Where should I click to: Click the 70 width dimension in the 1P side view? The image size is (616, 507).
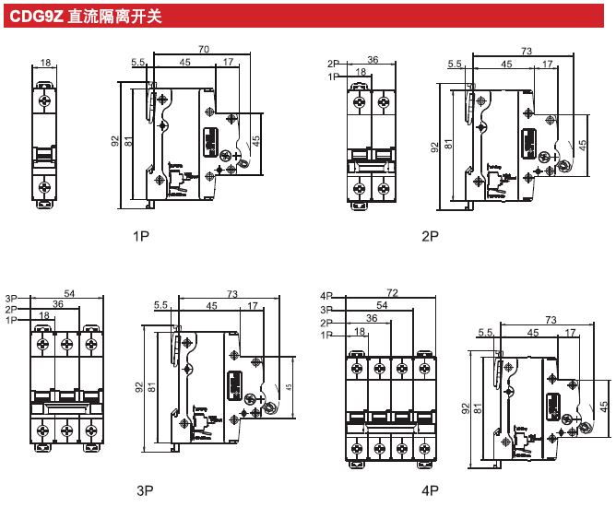point(204,49)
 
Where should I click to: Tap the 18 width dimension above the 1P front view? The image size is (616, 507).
point(45,65)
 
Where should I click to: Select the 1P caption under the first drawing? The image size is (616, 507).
point(141,237)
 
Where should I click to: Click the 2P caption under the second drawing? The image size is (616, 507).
point(430,237)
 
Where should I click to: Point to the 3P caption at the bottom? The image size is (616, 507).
point(145,490)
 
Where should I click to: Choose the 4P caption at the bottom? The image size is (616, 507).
point(430,490)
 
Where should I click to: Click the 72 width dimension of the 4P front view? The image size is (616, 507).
point(392,293)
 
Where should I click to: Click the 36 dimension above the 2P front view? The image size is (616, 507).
point(373,60)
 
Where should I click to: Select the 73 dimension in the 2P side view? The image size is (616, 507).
point(527,52)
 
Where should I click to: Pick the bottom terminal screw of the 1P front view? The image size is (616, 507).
point(45,187)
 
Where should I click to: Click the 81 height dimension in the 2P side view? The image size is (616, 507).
point(448,144)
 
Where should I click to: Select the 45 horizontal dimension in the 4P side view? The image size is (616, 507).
point(532,333)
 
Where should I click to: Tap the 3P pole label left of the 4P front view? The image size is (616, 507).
point(326,310)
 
